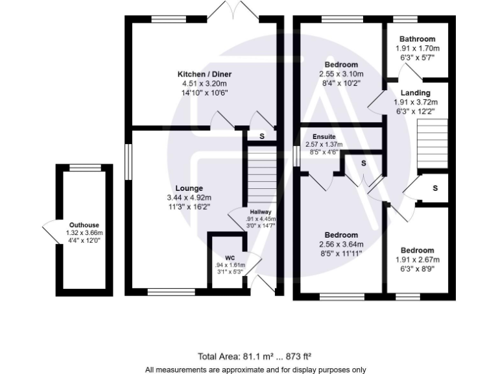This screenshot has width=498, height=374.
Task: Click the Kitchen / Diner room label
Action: point(204,74)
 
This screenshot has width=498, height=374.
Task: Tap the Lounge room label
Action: point(189,188)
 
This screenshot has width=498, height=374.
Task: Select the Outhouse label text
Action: point(84,225)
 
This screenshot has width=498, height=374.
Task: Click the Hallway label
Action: point(261,211)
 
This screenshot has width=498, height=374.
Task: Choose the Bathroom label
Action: point(417,39)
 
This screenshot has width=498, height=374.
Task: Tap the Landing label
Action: point(415,93)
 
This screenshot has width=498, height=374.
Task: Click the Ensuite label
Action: point(323,136)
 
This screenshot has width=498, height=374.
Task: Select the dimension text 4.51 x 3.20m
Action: point(204,83)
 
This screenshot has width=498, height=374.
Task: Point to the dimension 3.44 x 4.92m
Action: point(189,197)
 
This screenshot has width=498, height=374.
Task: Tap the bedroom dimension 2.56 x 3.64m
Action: point(341,244)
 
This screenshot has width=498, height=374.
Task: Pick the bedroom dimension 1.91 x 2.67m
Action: point(416,260)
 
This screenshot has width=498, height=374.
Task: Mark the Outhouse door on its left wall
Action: point(50,230)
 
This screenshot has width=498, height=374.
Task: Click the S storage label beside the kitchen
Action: point(261,136)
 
